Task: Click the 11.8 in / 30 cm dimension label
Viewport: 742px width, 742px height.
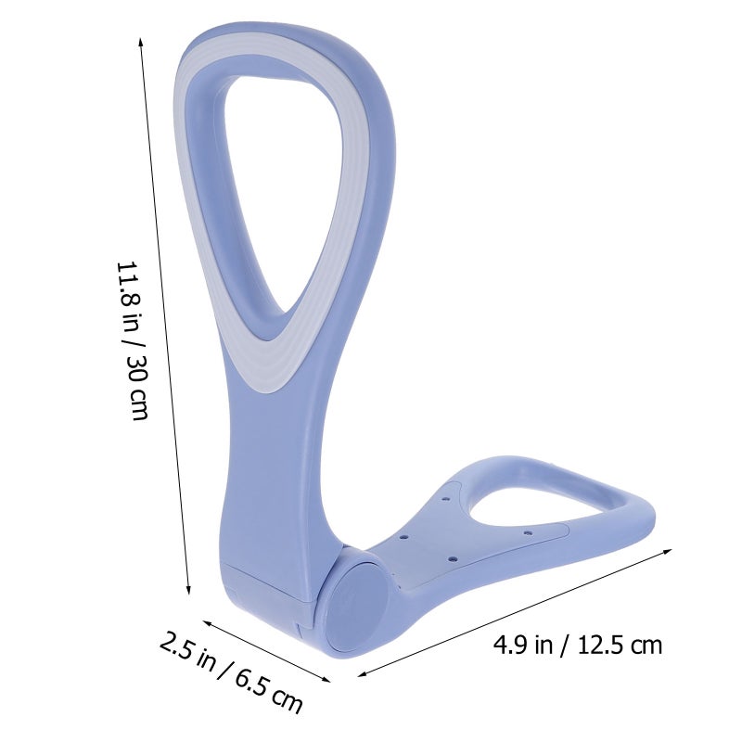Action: pyautogui.click(x=133, y=340)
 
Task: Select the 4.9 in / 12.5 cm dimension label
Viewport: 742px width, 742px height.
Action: pyautogui.click(x=577, y=645)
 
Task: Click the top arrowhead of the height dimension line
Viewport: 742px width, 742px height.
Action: pyautogui.click(x=141, y=42)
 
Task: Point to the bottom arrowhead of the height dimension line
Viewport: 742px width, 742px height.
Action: pyautogui.click(x=188, y=588)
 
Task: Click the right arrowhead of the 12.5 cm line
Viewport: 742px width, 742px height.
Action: pyautogui.click(x=667, y=552)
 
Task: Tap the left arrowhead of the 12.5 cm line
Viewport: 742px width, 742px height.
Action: pyautogui.click(x=363, y=673)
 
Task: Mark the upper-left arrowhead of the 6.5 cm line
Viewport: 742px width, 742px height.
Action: pyautogui.click(x=208, y=622)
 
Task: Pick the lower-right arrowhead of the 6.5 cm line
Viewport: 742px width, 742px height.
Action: pyautogui.click(x=326, y=679)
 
